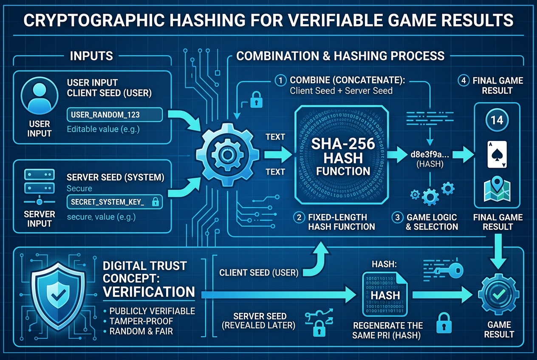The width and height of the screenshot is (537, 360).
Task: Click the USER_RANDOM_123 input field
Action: coord(115,115)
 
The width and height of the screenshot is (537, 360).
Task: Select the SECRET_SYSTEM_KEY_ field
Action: coord(115,202)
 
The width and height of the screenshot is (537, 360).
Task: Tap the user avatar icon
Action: coord(40,96)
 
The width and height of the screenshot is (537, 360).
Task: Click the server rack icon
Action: coord(40,187)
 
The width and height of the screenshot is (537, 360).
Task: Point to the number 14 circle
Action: coord(497,120)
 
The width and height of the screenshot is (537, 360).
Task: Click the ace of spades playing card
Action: coord(497,154)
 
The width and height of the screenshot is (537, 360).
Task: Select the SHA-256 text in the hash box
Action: coord(343,144)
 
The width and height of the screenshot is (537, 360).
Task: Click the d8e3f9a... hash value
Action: coord(430,155)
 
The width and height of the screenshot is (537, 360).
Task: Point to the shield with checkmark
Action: coord(58,296)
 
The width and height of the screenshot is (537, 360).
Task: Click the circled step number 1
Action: coord(280,81)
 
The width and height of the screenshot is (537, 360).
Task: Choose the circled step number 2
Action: coord(299,217)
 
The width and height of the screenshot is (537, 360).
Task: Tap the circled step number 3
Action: coord(397,217)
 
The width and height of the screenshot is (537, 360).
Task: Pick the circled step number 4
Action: coord(464,81)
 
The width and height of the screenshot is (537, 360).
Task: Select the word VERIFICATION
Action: coord(149,292)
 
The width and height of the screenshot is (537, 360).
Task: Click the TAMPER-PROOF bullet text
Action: coord(141,321)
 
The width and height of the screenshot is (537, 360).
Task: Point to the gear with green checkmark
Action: coord(499,294)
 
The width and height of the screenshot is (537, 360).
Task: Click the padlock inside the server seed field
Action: coord(155,202)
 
